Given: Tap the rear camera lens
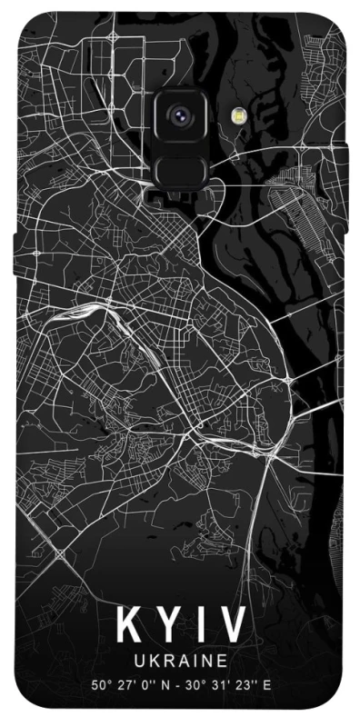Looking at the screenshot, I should coord(179,115).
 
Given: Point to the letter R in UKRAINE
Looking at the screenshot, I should coord(166,661).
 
